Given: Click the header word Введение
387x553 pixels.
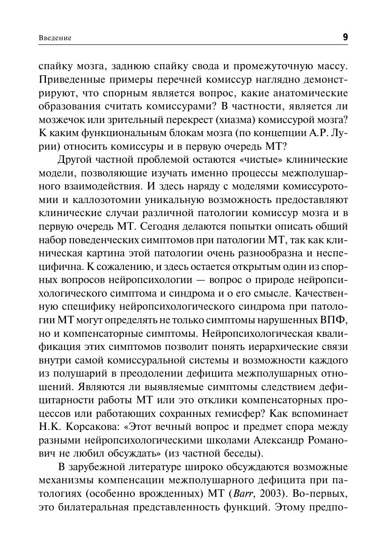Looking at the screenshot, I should point(55,38).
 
